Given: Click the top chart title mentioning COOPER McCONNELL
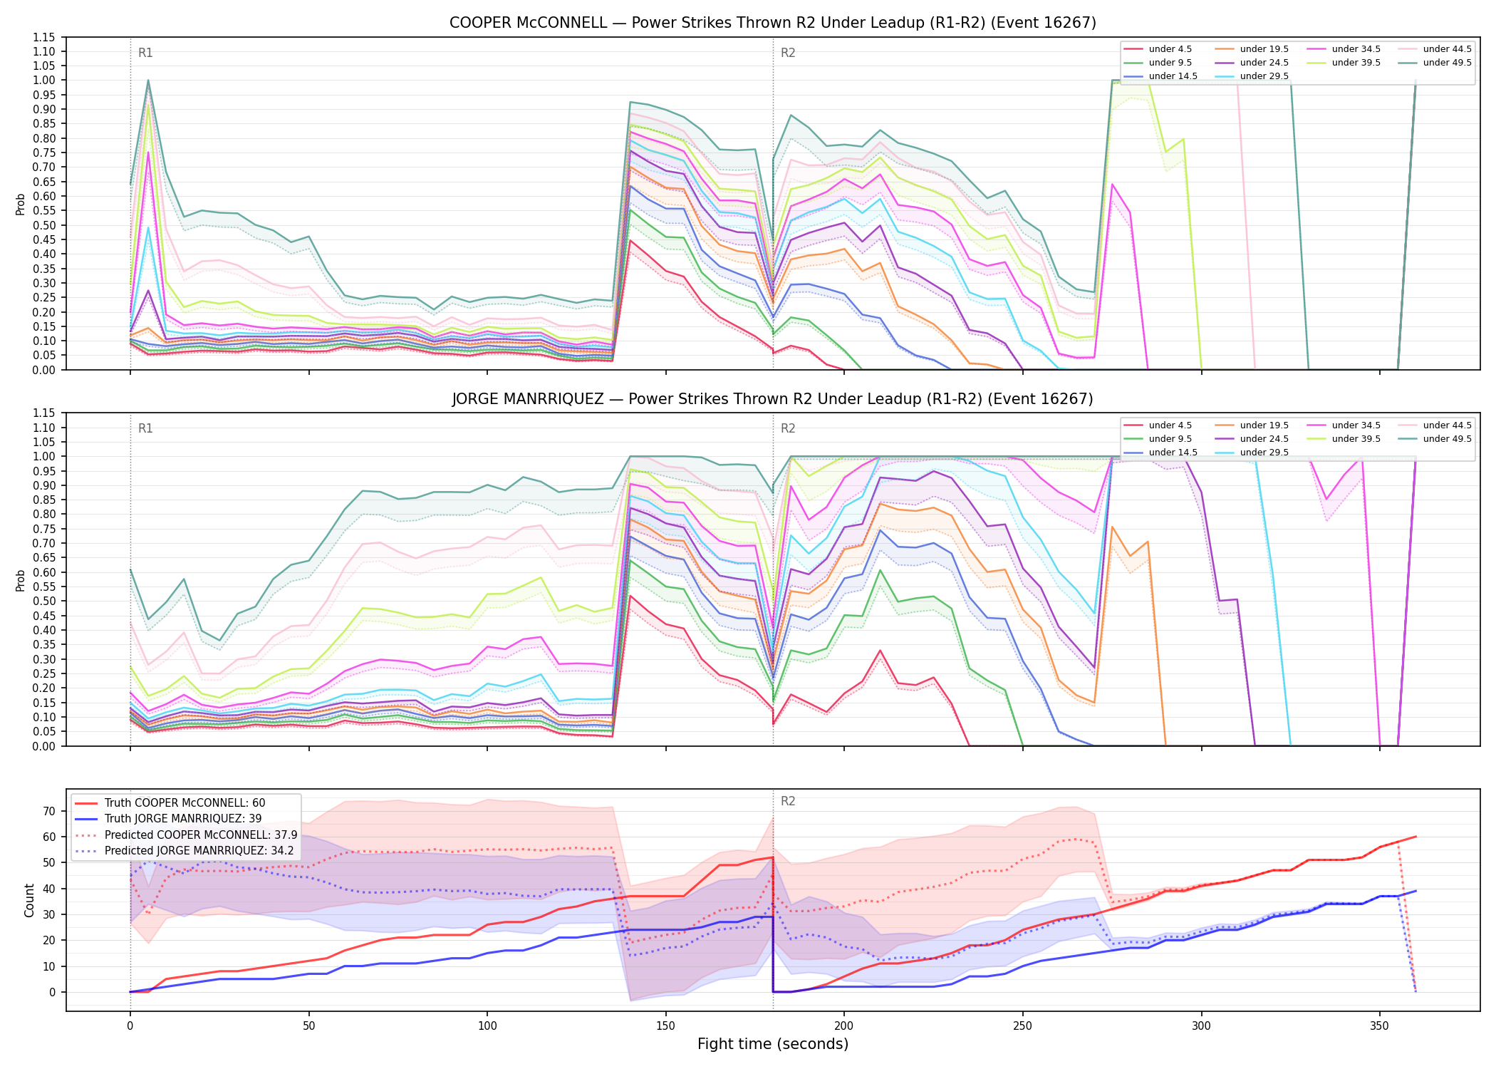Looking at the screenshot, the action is coord(772,23).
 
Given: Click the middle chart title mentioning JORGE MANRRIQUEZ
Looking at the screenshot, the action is coord(772,399).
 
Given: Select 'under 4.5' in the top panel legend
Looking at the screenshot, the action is coord(1170,49).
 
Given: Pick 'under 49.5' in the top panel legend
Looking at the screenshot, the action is coord(1447,63).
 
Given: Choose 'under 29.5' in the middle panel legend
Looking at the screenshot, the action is coord(1264,453).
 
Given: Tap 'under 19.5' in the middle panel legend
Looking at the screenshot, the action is coord(1264,425).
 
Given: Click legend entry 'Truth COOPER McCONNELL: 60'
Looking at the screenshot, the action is coord(185,803).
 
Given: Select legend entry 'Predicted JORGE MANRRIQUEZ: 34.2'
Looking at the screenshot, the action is coord(201,851).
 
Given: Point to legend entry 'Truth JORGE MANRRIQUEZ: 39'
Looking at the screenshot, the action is coord(183,819).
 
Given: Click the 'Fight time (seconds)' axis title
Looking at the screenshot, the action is coord(773,1044).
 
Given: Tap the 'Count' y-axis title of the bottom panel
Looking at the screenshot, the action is coord(29,900).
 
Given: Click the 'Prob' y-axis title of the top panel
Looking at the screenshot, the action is coord(21,204).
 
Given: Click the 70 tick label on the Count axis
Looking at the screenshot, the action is coord(49,811).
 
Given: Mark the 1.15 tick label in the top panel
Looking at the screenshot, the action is coord(43,37).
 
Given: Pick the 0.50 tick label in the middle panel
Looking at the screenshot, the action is coord(43,601).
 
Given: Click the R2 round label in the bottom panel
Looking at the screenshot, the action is coord(788,801).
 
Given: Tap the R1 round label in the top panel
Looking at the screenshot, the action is coord(145,53).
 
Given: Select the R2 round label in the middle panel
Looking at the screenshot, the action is coord(788,428).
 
